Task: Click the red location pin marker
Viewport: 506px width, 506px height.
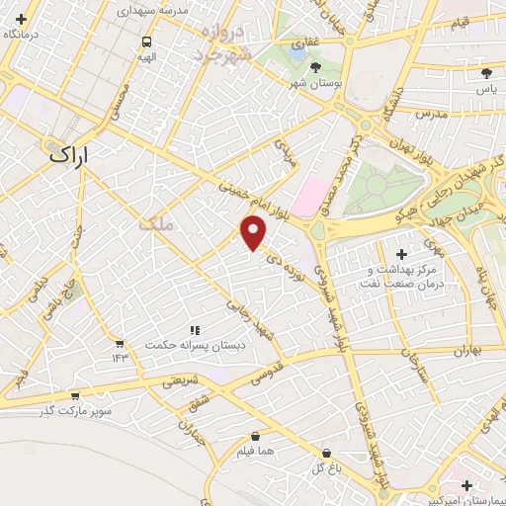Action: point(255,233)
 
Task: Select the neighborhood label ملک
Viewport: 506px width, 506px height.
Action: point(156,223)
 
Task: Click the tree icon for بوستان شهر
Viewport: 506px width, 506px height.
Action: point(314,67)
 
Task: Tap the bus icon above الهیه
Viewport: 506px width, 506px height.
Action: point(146,42)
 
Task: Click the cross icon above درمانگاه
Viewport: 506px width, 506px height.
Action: point(21,19)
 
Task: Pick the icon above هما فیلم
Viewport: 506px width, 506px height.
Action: point(256,435)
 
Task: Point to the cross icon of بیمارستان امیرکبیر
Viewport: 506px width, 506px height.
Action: point(466,484)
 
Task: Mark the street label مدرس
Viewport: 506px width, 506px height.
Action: point(433,115)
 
